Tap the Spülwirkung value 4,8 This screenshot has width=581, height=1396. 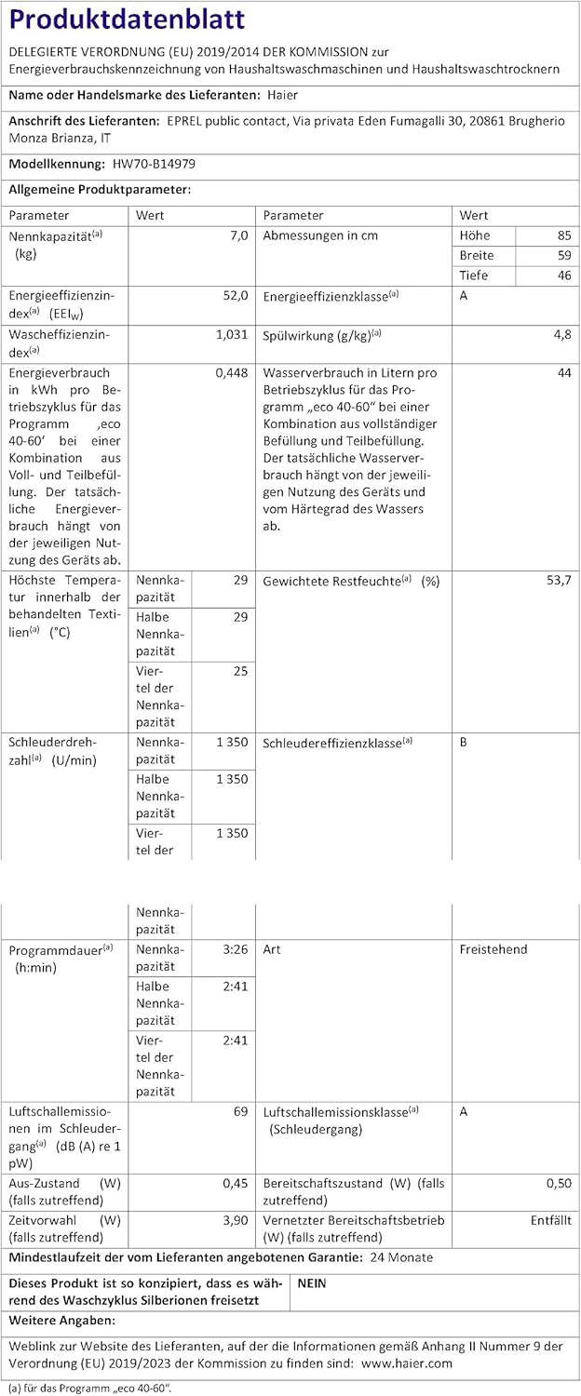click(x=562, y=334)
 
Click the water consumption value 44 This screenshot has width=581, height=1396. click(x=564, y=372)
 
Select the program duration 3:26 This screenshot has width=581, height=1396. click(x=236, y=950)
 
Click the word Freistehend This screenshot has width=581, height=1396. click(x=493, y=950)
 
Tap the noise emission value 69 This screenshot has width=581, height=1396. click(x=240, y=1112)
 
